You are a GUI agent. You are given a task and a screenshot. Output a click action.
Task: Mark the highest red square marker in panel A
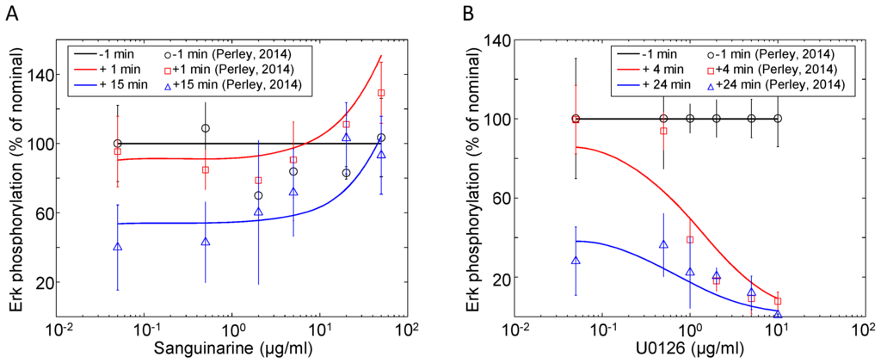[381, 93]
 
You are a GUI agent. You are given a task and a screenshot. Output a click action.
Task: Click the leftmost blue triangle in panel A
[118, 248]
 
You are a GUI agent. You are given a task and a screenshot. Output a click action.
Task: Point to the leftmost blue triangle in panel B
[576, 261]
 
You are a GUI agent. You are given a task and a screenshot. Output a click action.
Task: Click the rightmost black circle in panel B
[778, 119]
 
